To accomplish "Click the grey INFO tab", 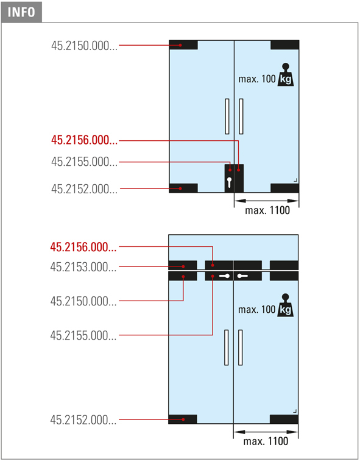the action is click(x=21, y=12).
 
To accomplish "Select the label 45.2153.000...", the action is click(x=83, y=267).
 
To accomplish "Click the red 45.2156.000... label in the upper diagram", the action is click(x=84, y=140).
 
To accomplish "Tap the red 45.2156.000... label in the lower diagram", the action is click(x=83, y=247).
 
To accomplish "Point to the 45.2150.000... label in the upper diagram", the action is click(x=84, y=46).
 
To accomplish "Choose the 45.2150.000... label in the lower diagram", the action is click(x=83, y=301).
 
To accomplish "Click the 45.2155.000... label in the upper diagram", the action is click(x=84, y=162).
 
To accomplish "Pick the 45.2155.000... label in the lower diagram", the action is click(x=83, y=335).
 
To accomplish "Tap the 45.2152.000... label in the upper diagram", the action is click(x=84, y=189).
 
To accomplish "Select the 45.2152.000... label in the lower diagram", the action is click(x=83, y=420).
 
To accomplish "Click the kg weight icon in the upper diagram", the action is click(x=286, y=74).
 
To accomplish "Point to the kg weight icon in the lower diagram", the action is click(x=286, y=305).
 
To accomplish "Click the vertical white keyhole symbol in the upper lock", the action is click(x=229, y=182).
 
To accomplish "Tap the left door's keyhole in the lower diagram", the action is click(x=224, y=276).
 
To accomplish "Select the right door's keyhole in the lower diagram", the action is click(x=242, y=276).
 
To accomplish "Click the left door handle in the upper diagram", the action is click(x=227, y=116).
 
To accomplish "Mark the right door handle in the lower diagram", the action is click(x=240, y=348).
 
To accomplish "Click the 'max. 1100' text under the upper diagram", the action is click(x=267, y=210).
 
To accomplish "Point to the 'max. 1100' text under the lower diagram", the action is click(x=266, y=441).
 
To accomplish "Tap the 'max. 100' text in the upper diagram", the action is click(x=257, y=79).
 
